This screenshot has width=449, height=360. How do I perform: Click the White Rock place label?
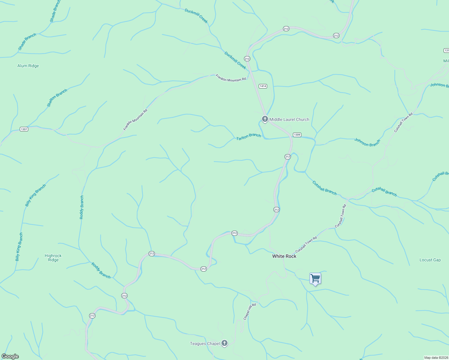coord(284,256)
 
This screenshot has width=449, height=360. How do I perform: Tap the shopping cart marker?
coord(315,279)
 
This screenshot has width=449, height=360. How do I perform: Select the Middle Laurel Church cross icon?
coord(265,119)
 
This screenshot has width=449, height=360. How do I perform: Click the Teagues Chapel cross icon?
coord(224,343)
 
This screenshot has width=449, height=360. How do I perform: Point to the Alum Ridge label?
coord(28,66)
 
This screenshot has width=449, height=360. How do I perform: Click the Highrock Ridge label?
coord(53,258)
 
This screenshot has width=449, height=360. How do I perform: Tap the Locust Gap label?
coord(430,260)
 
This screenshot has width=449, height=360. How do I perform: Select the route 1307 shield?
coord(24,129)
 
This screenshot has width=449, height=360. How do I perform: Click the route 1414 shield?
coord(263,86)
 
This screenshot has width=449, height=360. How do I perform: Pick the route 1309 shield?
coord(297,135)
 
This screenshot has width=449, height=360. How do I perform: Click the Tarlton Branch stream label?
coord(249,137)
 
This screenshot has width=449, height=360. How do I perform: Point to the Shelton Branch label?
coord(57,98)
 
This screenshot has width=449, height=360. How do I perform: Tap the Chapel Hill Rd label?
coord(250,311)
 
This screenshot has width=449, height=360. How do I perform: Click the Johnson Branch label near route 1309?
coord(367,142)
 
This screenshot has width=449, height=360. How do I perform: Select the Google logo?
coord(10,356)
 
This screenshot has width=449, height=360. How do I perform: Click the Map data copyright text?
coord(436,358)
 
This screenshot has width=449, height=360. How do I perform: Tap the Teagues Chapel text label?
coord(205,344)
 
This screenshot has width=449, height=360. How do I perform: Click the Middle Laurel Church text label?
coord(289,119)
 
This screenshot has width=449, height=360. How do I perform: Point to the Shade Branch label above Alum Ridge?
coord(27,42)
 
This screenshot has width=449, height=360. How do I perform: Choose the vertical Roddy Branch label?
coord(82,207)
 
